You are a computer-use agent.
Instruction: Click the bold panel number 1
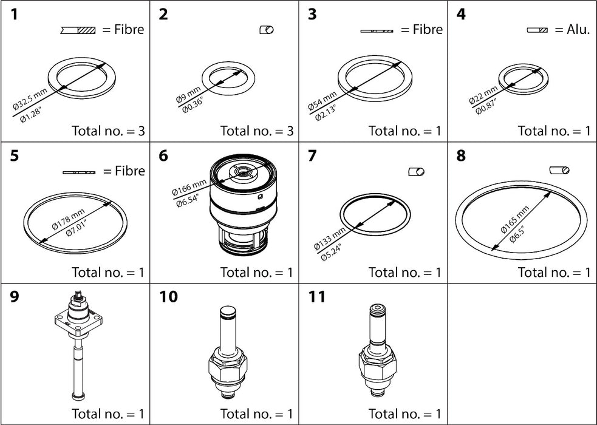[18, 15]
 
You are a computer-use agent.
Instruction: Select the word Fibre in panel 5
[130, 171]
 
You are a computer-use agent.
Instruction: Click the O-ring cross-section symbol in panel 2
[267, 30]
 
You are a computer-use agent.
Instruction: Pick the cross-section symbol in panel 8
[559, 171]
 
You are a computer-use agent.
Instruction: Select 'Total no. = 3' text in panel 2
[256, 130]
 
